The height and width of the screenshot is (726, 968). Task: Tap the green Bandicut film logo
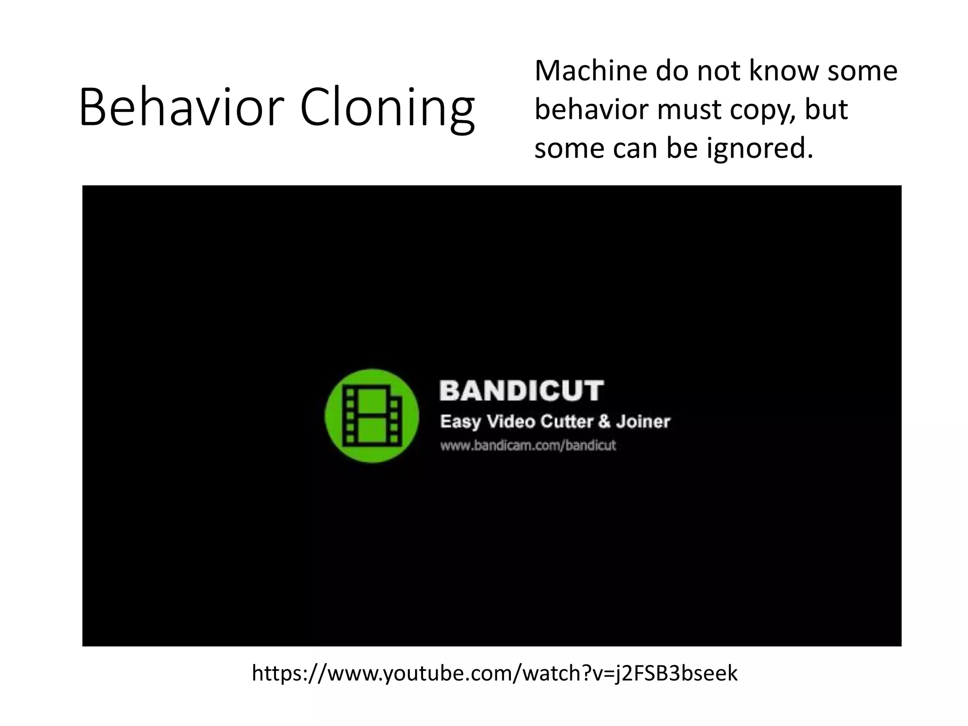tap(372, 416)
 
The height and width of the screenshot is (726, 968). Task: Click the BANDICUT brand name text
tap(521, 391)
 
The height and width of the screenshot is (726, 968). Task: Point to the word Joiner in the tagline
tap(643, 422)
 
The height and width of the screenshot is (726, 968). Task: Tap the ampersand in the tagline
tap(604, 421)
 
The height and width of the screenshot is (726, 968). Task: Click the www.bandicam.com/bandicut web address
tap(528, 445)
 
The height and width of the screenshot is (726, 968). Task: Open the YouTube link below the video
tap(494, 673)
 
